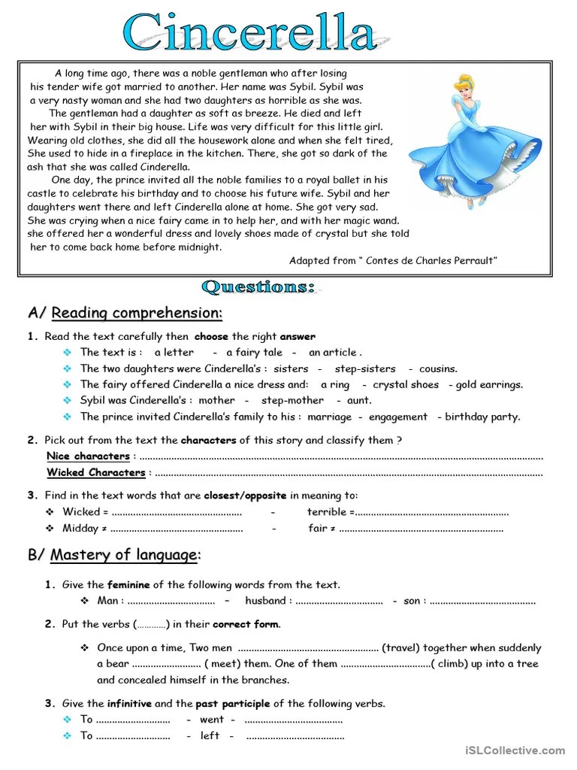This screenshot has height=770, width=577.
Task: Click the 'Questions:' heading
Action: click(258, 287)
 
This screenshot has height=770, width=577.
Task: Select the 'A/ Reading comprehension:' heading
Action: click(125, 313)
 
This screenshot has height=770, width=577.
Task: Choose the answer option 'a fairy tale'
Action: click(254, 352)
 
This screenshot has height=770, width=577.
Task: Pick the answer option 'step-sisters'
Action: click(365, 368)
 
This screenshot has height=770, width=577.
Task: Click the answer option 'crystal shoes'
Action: click(406, 384)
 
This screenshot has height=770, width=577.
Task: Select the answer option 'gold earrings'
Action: click(489, 384)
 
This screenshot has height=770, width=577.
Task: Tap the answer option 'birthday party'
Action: click(482, 417)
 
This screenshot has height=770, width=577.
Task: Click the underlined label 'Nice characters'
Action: click(88, 456)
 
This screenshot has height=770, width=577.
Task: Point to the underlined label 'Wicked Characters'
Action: click(96, 472)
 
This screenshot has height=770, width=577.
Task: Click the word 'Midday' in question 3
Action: click(80, 528)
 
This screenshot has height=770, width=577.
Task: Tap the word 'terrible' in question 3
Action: click(326, 512)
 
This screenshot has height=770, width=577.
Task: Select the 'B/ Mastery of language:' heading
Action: click(114, 555)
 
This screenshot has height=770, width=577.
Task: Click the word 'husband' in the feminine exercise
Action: click(265, 601)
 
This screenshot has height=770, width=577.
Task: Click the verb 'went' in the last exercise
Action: click(211, 720)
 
